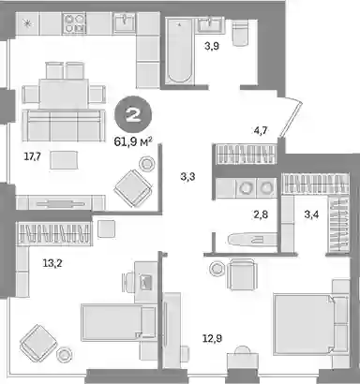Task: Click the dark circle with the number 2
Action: point(133,115)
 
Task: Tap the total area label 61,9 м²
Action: point(133,142)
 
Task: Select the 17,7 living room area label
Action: point(33,156)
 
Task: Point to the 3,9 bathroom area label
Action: point(212,47)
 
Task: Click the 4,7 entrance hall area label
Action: point(260,130)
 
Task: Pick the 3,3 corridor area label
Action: point(187,177)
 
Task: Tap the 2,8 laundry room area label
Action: point(261,214)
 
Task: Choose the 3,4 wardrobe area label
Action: point(311,214)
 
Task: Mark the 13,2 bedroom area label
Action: point(52,263)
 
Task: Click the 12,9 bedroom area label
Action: point(213,338)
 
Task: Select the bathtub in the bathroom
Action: point(179,51)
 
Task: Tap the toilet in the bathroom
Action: point(240,32)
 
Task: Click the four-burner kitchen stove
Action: point(74,23)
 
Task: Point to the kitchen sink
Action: point(125,22)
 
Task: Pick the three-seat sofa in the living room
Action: point(64,126)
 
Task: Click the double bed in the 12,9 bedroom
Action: point(310,324)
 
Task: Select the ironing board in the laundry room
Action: point(251,240)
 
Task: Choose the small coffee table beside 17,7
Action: point(64,160)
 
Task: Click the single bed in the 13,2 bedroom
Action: point(118,322)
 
